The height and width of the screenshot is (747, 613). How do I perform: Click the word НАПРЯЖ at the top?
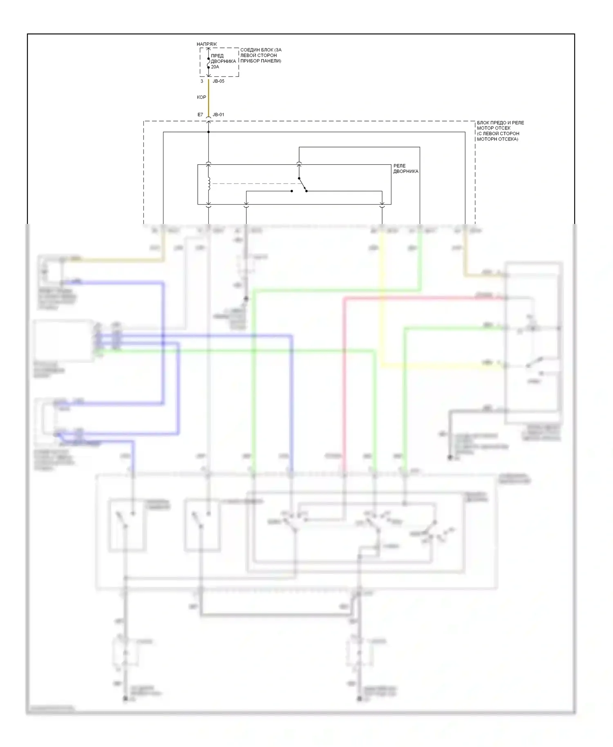(207, 44)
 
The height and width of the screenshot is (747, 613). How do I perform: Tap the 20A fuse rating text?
(215, 67)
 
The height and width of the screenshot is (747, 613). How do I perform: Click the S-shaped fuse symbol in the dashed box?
(208, 63)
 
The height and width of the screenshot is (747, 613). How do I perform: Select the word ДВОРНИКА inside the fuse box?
(223, 61)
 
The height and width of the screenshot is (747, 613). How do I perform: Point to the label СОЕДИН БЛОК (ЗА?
(261, 50)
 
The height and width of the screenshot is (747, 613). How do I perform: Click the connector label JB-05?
(219, 81)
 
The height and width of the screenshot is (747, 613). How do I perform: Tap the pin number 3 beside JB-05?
(202, 81)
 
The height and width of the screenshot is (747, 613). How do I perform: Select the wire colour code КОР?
(201, 97)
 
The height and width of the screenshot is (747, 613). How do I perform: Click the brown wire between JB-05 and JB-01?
(208, 98)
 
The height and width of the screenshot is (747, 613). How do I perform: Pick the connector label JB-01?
(219, 115)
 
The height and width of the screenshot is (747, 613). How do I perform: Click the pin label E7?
(200, 115)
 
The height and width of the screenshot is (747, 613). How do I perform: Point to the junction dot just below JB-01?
(208, 132)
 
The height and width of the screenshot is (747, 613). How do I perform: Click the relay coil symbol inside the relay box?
(209, 184)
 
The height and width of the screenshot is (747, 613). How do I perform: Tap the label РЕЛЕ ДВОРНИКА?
(405, 168)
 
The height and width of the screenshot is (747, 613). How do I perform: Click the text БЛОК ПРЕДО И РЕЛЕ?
(500, 123)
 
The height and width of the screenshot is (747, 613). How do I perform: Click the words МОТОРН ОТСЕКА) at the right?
(497, 139)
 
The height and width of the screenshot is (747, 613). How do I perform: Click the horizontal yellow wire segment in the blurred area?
(441, 367)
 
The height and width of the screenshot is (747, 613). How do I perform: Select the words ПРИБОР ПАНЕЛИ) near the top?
(261, 61)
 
